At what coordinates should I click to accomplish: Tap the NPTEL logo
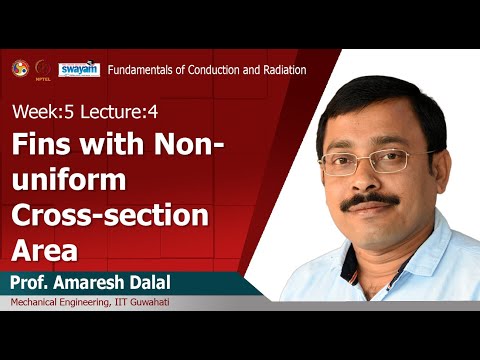point(44,69)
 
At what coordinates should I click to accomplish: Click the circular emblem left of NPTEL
point(19,68)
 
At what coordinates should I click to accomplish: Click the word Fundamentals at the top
point(141,70)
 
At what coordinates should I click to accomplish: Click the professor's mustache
point(368,201)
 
